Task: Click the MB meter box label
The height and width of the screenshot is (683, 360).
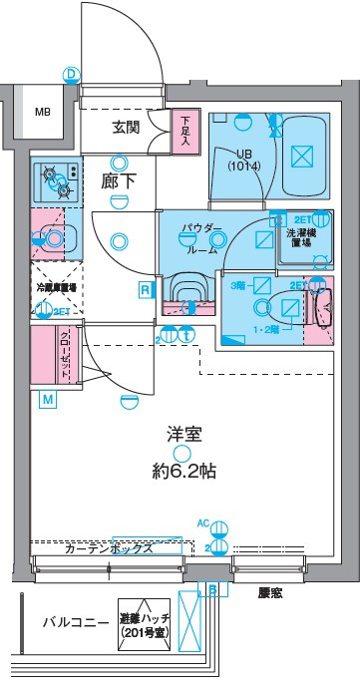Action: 42,112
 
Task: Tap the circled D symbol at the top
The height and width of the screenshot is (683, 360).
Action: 70,74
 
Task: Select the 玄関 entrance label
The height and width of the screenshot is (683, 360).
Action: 126,128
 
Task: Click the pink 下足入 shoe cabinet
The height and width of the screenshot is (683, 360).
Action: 184,130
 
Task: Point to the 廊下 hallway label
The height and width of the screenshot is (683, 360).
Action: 119,182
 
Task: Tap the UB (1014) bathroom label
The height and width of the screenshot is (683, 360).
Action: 242,161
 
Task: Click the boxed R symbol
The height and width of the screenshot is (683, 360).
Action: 146,290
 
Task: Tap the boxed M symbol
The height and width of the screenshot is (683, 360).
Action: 47,400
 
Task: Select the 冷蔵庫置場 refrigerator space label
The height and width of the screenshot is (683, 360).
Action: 57,287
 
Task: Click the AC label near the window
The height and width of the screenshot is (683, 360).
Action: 203,522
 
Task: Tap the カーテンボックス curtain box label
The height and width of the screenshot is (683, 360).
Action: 108,547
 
